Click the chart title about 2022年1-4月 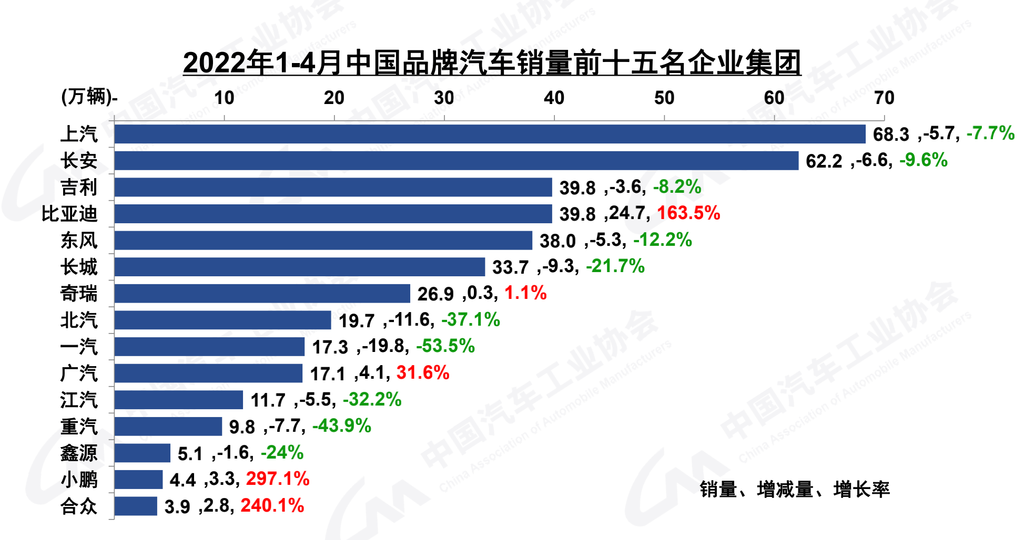(492, 63)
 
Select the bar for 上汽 (489, 134)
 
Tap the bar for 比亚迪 (333, 214)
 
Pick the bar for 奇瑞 (262, 294)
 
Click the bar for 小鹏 (138, 480)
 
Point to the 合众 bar (136, 506)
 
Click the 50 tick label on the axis (664, 98)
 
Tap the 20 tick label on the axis (334, 98)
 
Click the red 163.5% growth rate (688, 213)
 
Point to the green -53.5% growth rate (445, 346)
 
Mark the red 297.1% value (278, 479)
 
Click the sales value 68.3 (891, 134)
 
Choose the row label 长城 (79, 267)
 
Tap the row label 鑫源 (79, 453)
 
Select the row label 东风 (79, 241)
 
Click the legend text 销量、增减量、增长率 (795, 490)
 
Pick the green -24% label (282, 453)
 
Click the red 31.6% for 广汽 (423, 373)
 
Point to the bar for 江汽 (179, 400)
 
